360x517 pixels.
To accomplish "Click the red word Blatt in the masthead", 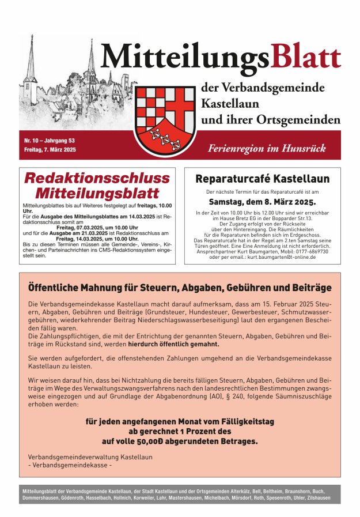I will [306, 58].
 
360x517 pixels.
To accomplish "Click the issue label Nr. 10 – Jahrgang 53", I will [50, 140].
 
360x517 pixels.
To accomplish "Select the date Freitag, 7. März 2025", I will [50, 149].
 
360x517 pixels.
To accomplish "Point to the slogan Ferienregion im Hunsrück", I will [267, 148].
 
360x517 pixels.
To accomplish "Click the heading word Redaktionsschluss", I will [97, 178].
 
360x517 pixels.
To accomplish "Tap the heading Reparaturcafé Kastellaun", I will [262, 179].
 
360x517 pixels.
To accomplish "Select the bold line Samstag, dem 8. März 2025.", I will [262, 202].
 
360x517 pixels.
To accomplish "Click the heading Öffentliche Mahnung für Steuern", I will [180, 287].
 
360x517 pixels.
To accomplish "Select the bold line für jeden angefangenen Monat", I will [180, 421].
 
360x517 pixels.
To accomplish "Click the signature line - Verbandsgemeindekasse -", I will [70, 465].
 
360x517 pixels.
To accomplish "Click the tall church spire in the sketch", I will [91, 58].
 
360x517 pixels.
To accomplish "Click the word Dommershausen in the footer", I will [40, 497].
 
